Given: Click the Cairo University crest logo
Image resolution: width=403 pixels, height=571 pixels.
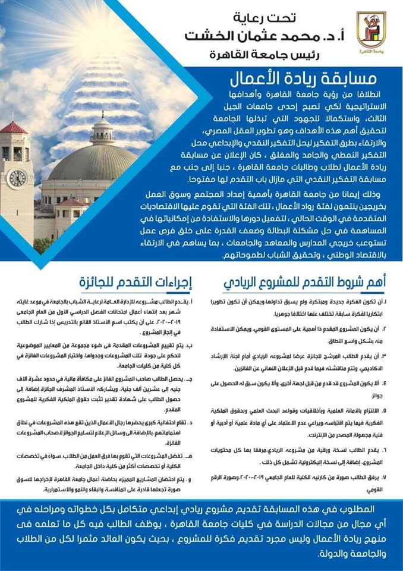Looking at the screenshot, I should [371, 31].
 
